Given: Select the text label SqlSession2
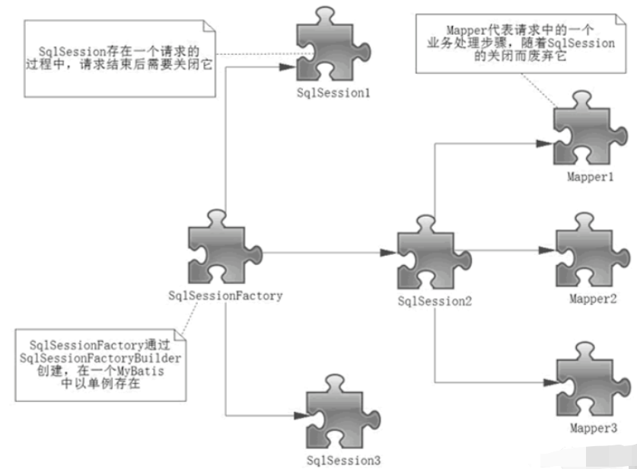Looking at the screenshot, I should [x=435, y=301].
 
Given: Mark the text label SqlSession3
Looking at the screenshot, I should [x=342, y=459].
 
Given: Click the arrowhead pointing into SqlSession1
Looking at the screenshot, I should [x=285, y=67].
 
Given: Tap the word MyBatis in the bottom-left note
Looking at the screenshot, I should [x=149, y=372].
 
